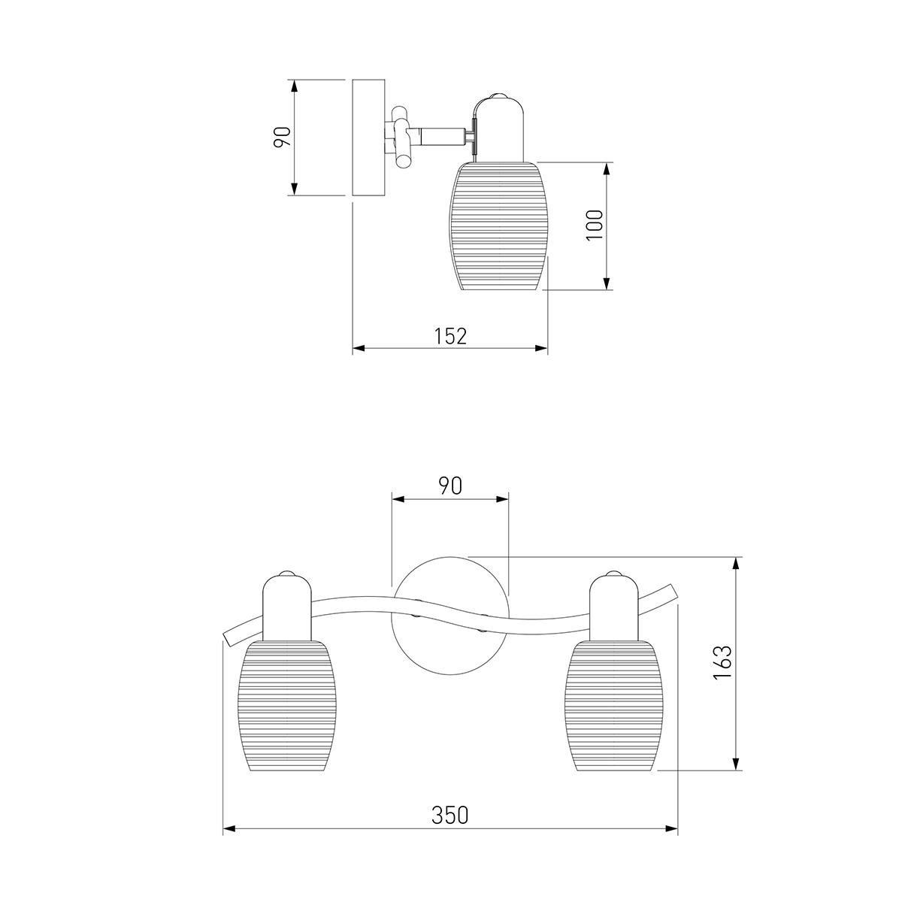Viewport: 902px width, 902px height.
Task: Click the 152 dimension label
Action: coord(450,336)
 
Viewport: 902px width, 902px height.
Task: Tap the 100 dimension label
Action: coord(595,225)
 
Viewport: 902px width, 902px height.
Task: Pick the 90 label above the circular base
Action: coord(450,486)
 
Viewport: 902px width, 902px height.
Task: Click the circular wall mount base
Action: coord(450,615)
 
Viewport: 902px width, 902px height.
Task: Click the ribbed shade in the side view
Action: coord(498,225)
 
